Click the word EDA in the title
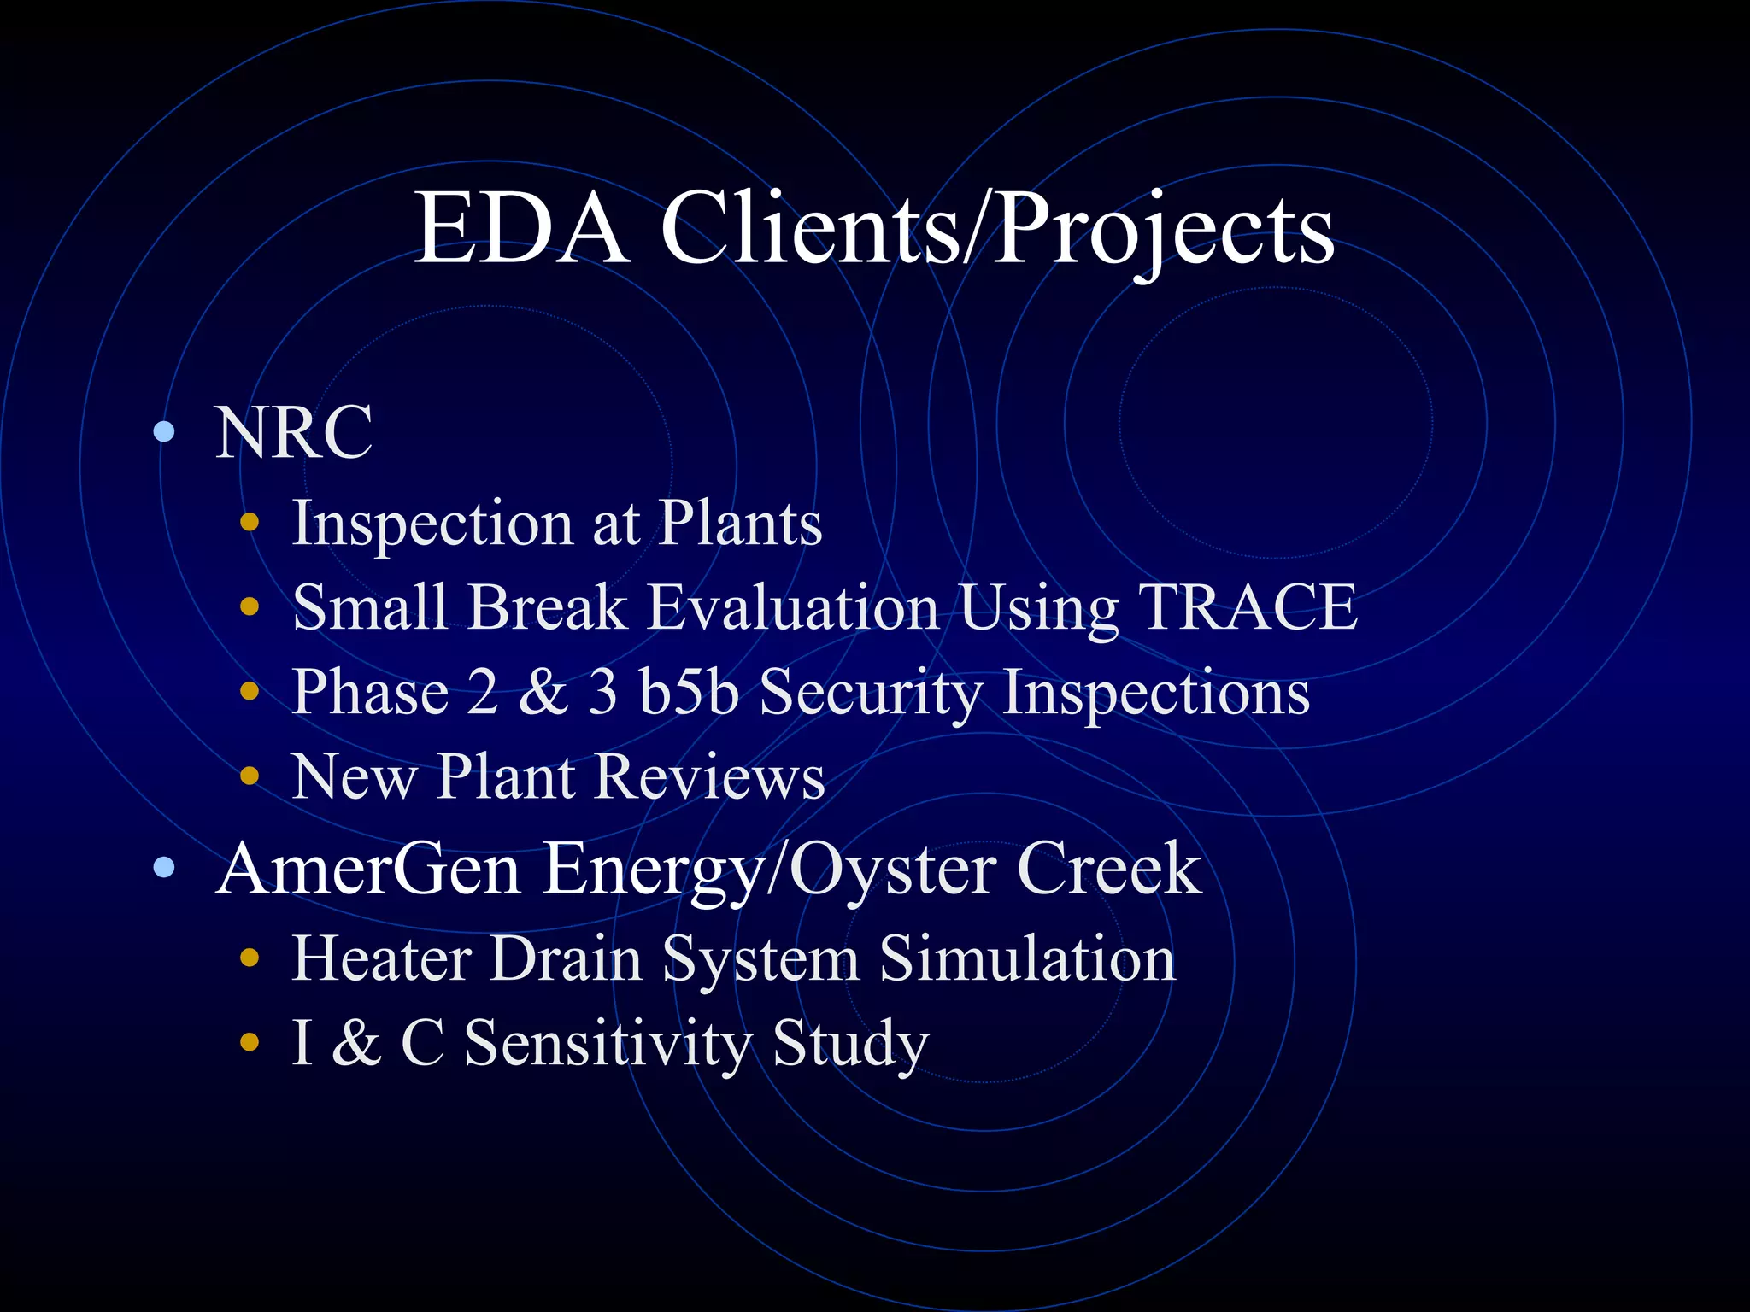pyautogui.click(x=521, y=229)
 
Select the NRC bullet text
pyautogui.click(x=293, y=433)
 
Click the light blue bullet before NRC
pyautogui.click(x=164, y=432)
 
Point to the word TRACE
pyautogui.click(x=1249, y=607)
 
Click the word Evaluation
pyautogui.click(x=792, y=607)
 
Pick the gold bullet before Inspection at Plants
pyautogui.click(x=250, y=522)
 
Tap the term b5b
pyautogui.click(x=689, y=692)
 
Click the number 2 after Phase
pyautogui.click(x=483, y=692)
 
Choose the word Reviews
pyautogui.click(x=709, y=777)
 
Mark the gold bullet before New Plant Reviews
pyautogui.click(x=250, y=776)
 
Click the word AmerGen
pyautogui.click(x=369, y=869)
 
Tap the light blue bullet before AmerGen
pyautogui.click(x=164, y=869)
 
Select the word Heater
pyautogui.click(x=381, y=958)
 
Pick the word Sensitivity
pyautogui.click(x=608, y=1044)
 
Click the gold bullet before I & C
pyautogui.click(x=250, y=1041)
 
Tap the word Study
pyautogui.click(x=849, y=1044)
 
